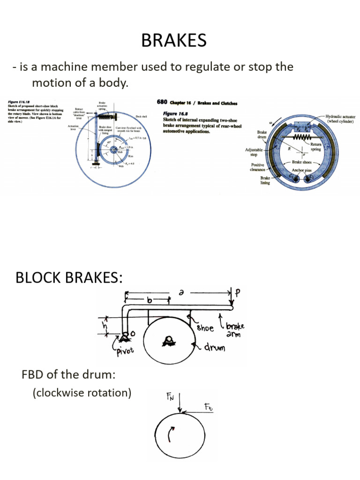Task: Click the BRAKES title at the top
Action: point(173,41)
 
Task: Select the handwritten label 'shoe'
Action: point(204,328)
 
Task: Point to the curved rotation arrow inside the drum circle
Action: point(172,436)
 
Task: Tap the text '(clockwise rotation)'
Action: point(82,393)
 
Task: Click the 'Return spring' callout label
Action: point(315,147)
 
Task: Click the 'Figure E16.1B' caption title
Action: point(19,101)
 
